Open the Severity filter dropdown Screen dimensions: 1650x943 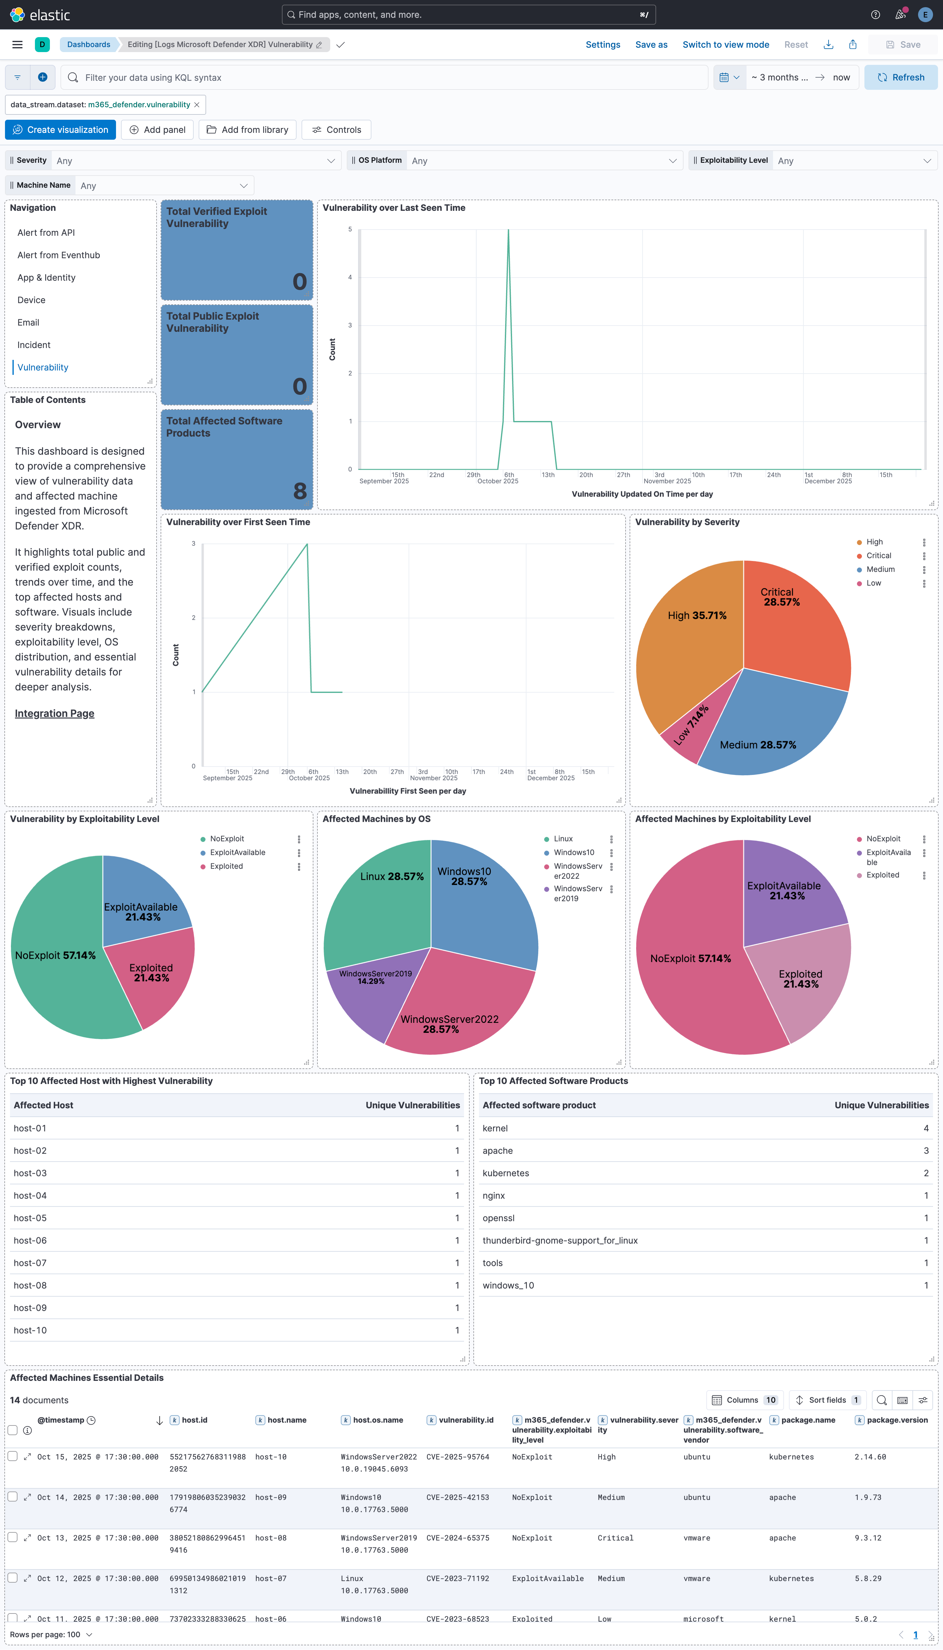tap(194, 161)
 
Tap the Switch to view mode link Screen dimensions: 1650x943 tap(725, 45)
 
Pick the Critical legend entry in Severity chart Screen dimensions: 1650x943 tap(878, 556)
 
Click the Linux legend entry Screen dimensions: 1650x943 tap(563, 839)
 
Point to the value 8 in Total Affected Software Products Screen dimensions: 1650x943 tap(299, 491)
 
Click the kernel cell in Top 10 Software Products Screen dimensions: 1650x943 tap(495, 1128)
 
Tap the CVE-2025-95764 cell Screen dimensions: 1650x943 tap(457, 1457)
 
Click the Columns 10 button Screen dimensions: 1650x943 tap(745, 1400)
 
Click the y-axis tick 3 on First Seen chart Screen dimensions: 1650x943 tap(193, 544)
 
